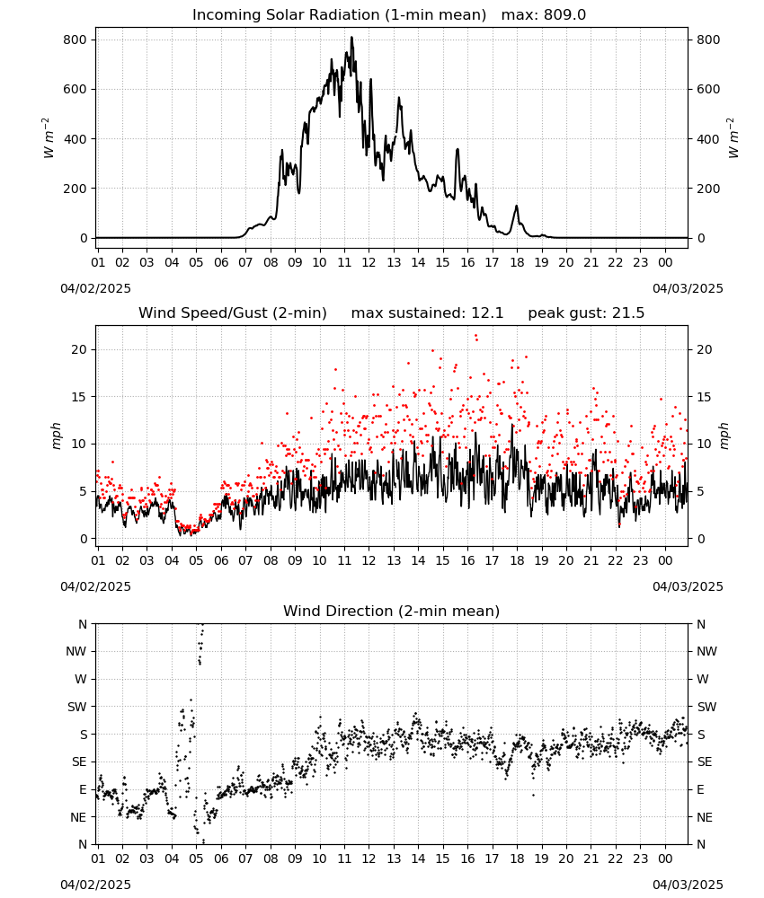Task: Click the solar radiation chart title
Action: point(388,15)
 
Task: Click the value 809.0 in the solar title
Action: point(564,15)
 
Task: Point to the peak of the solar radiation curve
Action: point(352,38)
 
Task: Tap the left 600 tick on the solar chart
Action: point(76,89)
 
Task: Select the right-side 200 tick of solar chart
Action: point(708,189)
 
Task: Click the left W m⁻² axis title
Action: point(49,138)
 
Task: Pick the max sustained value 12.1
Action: point(487,313)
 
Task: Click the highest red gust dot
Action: point(475,336)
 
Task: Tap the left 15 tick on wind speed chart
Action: point(79,397)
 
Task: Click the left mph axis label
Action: point(56,436)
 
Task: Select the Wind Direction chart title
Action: point(392,611)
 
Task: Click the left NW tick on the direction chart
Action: point(76,652)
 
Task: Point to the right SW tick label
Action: point(706,707)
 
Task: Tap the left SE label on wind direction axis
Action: point(80,762)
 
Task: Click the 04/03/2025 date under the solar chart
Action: point(688,288)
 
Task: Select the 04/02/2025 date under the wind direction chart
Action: point(95,885)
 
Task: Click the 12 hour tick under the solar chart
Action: point(369,262)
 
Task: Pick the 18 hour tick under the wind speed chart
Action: point(517,560)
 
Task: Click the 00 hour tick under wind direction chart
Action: point(665,859)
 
